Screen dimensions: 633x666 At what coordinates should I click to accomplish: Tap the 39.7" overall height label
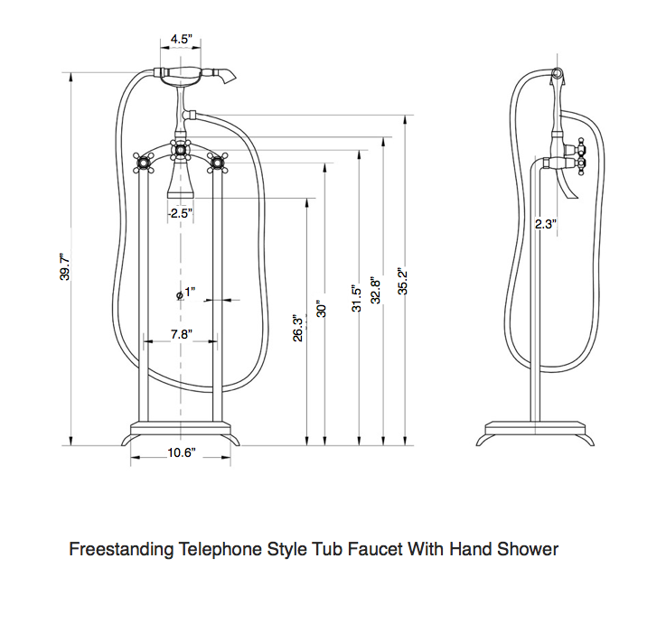[65, 266]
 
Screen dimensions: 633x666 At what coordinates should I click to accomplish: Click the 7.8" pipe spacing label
[181, 333]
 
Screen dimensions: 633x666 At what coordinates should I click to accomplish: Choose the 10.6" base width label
[181, 453]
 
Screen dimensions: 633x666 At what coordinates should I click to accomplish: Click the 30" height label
[321, 308]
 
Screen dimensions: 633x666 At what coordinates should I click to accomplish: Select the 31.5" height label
[356, 297]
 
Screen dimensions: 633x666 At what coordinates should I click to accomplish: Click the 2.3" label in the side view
[545, 224]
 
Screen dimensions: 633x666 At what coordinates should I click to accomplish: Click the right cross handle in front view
[217, 162]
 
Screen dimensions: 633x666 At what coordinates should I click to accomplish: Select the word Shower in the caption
[528, 549]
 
